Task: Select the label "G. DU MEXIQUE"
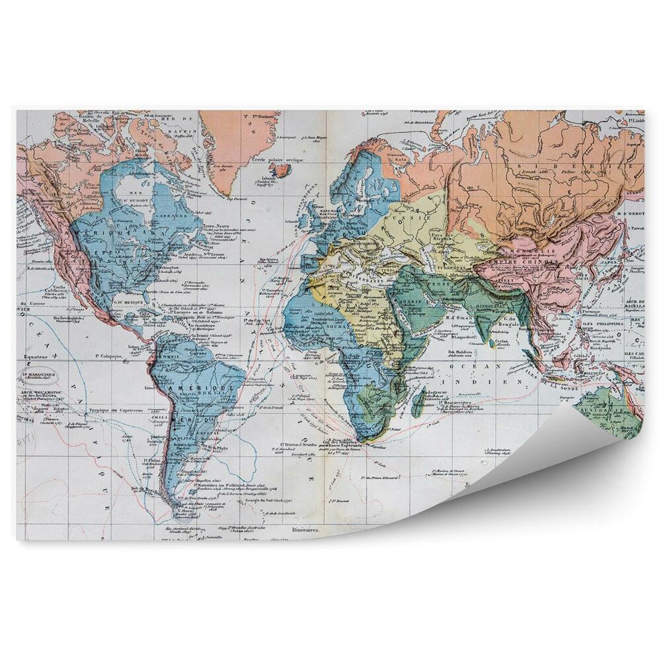point(129,303)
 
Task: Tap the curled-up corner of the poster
point(588,456)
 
